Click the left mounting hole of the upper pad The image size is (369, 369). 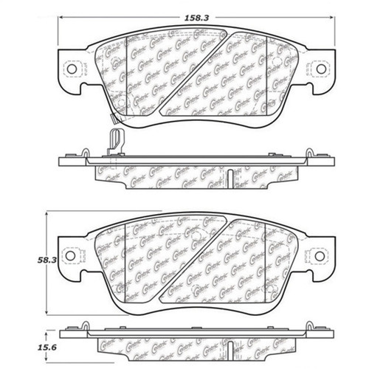(x=72, y=70)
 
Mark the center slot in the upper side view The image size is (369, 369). (x=232, y=176)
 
